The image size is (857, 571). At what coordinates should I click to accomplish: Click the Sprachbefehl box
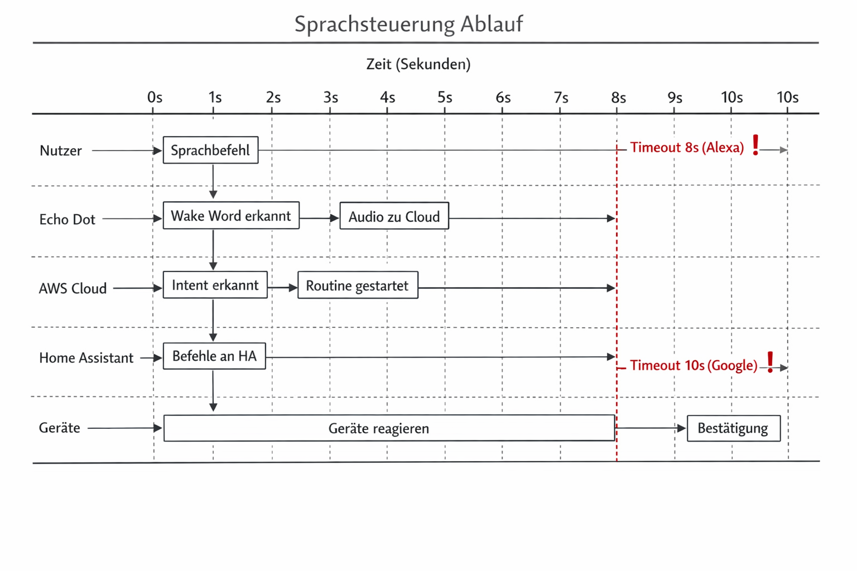pos(210,150)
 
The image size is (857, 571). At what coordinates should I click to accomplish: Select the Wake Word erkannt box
pos(231,216)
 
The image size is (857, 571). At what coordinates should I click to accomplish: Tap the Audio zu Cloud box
pos(394,216)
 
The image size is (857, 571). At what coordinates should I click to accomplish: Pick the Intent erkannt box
pos(215,285)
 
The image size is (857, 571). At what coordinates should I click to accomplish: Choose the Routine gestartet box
pos(358,285)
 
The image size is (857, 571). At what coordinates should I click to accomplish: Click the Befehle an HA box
pos(214,356)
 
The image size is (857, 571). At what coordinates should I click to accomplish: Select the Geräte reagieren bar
pos(389,428)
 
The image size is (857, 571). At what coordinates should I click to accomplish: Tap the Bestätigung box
pos(733,428)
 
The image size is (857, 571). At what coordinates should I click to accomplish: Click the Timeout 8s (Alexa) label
pos(687,148)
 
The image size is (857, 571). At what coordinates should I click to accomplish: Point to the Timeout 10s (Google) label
pos(694,366)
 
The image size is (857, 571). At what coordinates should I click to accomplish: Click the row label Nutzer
pos(60,151)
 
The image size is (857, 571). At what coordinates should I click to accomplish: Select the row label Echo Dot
pos(67,220)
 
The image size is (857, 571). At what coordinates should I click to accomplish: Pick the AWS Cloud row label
pos(73,289)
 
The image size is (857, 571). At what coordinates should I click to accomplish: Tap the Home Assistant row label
pos(86,358)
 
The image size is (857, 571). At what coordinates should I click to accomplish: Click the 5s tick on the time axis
pos(445,98)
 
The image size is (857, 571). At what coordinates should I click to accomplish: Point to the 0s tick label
pos(155,98)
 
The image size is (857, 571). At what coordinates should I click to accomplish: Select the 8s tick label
pos(618,98)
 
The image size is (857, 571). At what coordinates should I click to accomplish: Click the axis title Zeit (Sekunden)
pos(418,64)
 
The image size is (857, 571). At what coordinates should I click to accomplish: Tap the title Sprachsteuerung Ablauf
pos(408,24)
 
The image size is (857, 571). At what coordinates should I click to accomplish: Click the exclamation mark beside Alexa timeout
pos(755,145)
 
